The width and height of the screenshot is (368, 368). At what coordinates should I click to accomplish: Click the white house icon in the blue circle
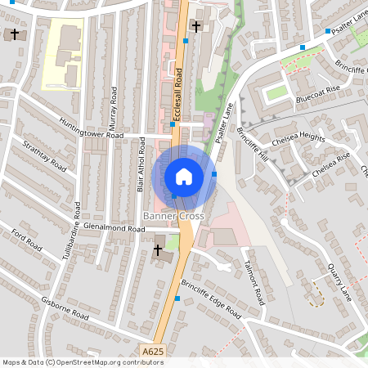(x=184, y=176)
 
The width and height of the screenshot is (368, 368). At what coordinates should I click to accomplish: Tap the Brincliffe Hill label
(x=252, y=144)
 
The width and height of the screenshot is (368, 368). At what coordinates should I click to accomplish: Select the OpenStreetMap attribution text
(x=71, y=361)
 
